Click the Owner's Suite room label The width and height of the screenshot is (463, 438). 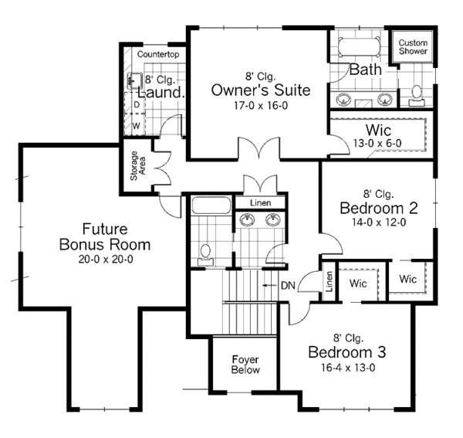(x=261, y=90)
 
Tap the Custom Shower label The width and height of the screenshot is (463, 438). (x=413, y=46)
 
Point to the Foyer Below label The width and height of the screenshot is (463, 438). (x=246, y=364)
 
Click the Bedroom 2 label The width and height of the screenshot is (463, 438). (x=378, y=208)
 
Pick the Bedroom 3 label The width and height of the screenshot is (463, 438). (x=346, y=352)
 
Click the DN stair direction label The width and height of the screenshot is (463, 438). (x=288, y=286)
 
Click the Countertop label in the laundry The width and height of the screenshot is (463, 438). (x=158, y=55)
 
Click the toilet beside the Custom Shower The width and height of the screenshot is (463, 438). (x=417, y=93)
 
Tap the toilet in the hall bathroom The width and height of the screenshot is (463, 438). (x=205, y=253)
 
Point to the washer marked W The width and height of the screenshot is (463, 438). (x=136, y=124)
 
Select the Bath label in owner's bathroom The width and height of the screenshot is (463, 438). (x=365, y=70)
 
